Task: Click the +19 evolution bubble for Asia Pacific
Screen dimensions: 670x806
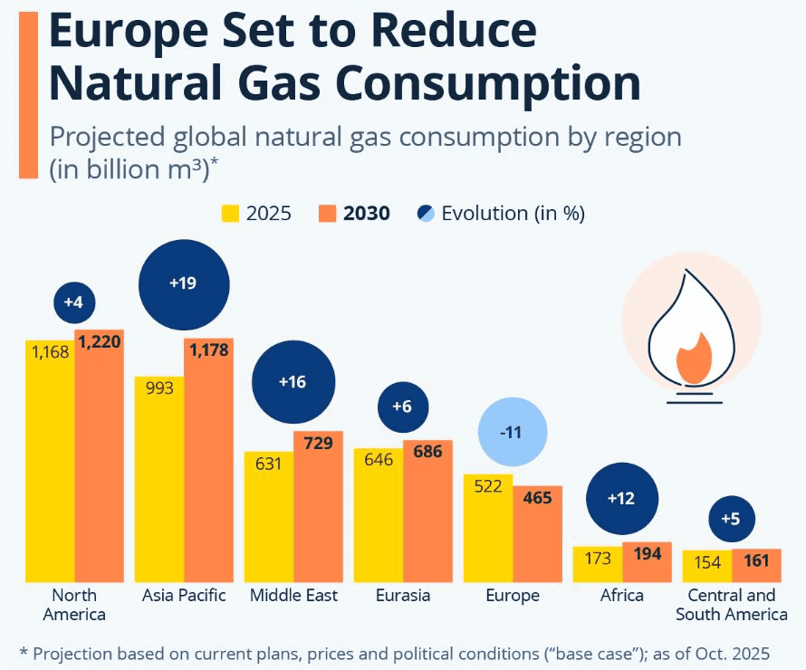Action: [184, 283]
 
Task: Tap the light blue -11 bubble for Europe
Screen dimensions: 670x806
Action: [512, 432]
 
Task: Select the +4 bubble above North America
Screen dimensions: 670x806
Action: [73, 302]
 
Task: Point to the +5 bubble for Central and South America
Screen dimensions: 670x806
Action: [731, 519]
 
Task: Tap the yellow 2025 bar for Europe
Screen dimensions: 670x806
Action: [487, 530]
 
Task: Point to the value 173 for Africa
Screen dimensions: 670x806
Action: [598, 559]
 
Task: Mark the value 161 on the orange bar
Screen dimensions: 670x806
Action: [755, 561]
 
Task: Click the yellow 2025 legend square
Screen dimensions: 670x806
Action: [231, 214]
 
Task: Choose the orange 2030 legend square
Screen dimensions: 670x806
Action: [327, 214]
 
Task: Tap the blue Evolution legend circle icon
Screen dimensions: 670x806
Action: [425, 214]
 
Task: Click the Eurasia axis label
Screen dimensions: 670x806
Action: [403, 596]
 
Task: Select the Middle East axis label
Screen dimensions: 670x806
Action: [293, 596]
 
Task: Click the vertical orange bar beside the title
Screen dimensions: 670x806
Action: [27, 91]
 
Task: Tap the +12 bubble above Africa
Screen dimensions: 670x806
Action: [622, 499]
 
